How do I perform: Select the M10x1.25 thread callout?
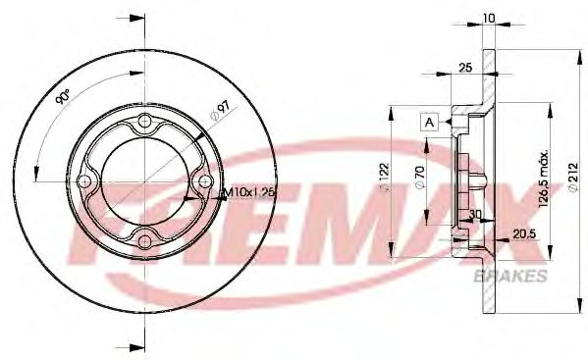coord(247,192)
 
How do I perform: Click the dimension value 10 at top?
coord(488,17)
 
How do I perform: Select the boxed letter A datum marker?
coord(429,122)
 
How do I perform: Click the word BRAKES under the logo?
coord(510,278)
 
